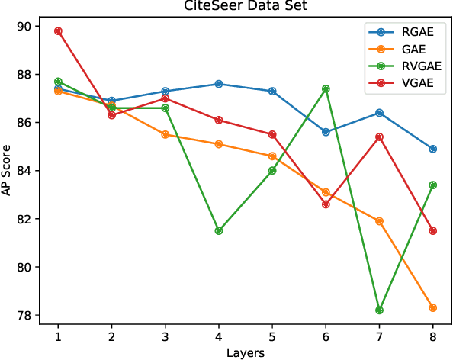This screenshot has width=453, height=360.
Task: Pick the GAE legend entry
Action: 413,49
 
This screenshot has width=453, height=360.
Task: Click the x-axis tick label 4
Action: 219,335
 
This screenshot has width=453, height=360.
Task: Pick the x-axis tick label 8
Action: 433,335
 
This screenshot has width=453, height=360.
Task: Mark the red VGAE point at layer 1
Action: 58,31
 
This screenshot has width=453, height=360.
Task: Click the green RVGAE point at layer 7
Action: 379,310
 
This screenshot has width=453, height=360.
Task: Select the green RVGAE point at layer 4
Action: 219,230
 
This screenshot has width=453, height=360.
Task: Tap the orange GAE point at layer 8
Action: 432,308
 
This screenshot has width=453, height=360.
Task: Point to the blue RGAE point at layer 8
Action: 432,149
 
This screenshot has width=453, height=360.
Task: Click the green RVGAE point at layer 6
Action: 326,88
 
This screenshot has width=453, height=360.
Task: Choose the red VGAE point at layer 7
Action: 379,137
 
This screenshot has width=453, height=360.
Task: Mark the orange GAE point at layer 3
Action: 165,134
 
